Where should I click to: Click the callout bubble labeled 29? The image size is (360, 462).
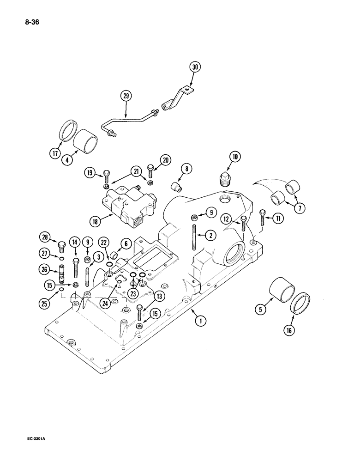tap(126, 97)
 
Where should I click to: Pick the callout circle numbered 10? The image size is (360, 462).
tap(235, 158)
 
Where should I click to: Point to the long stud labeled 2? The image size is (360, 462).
tap(195, 236)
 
